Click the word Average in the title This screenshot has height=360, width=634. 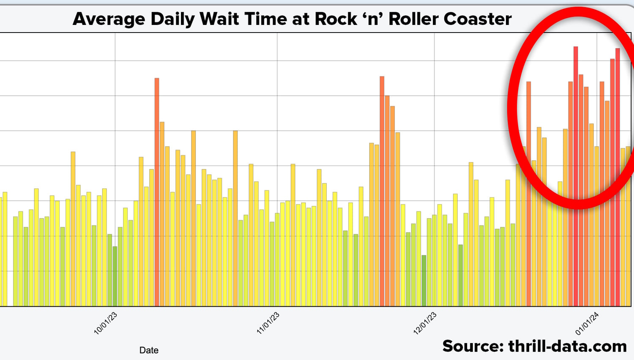click(109, 19)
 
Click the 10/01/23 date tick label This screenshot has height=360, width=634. click(105, 324)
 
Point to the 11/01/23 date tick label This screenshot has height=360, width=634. click(268, 324)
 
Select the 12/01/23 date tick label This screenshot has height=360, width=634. click(425, 324)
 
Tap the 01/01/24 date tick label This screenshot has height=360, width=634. click(587, 324)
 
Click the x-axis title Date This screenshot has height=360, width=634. click(149, 350)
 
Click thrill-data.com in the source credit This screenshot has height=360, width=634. click(567, 346)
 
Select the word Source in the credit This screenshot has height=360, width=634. click(473, 346)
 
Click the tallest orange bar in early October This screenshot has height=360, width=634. click(157, 190)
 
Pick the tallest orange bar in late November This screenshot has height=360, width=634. click(382, 190)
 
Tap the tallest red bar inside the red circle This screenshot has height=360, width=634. click(576, 177)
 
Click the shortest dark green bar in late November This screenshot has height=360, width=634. click(424, 281)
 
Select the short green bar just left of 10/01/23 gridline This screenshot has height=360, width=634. click(115, 276)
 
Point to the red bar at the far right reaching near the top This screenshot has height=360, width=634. click(618, 177)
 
